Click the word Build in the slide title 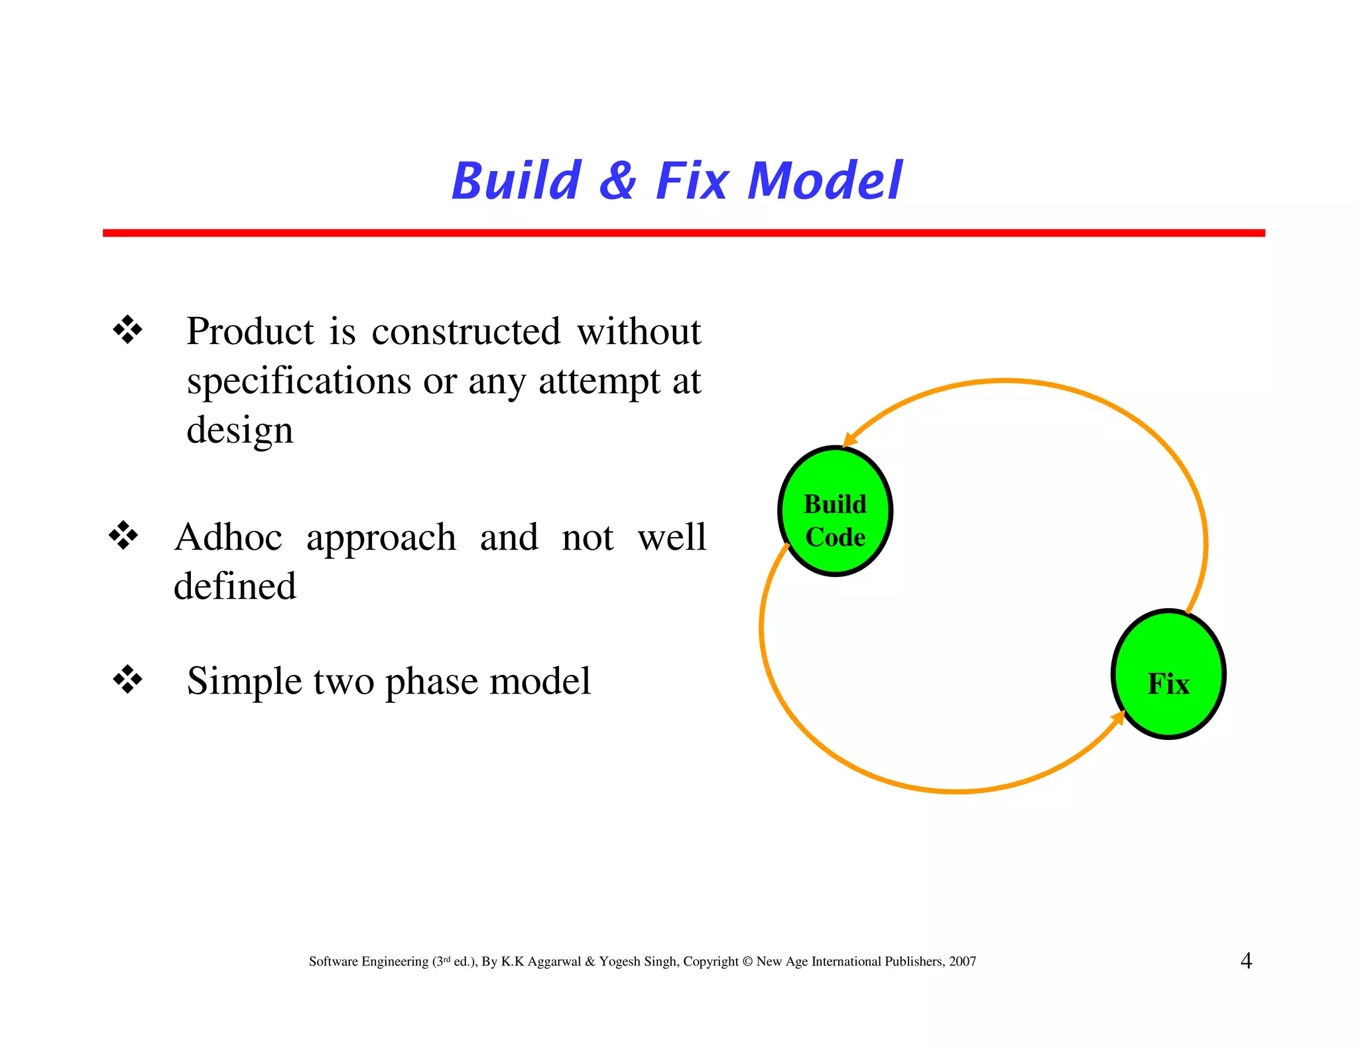[x=517, y=181]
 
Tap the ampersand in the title [x=618, y=181]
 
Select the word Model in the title [x=824, y=181]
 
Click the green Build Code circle [x=835, y=511]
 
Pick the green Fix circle [x=1168, y=674]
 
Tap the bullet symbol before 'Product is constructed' [x=127, y=330]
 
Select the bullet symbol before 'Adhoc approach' [x=123, y=536]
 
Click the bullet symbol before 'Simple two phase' [x=127, y=680]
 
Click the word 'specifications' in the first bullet [x=299, y=382]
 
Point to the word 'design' [x=239, y=431]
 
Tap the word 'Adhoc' [x=228, y=537]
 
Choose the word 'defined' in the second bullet [x=235, y=586]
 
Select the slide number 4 [x=1246, y=961]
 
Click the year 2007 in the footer [x=962, y=961]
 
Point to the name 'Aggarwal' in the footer [x=554, y=961]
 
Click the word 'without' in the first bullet [x=639, y=332]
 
